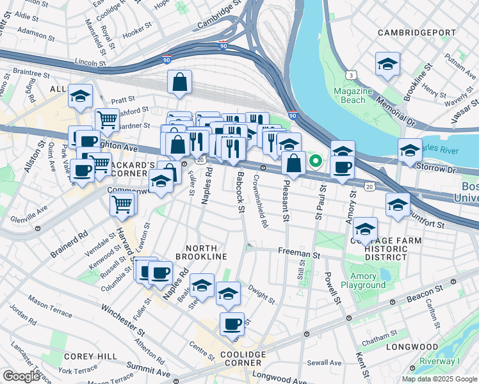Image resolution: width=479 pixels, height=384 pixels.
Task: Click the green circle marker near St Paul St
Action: tap(315, 161)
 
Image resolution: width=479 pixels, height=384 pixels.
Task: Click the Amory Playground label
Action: tap(363, 281)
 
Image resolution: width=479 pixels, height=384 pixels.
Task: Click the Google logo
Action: tap(22, 376)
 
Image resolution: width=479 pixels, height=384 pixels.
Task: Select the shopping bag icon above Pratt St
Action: tap(180, 82)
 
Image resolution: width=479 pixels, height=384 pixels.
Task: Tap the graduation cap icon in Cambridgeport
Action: tap(387, 64)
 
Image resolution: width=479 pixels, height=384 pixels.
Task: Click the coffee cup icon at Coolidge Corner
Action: tap(232, 323)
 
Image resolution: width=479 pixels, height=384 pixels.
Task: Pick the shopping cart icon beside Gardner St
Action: tap(107, 119)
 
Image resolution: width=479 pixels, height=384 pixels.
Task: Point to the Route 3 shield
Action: tap(352, 76)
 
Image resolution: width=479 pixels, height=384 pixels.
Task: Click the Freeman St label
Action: tap(298, 254)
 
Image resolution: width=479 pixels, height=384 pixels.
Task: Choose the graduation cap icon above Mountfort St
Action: tap(398, 205)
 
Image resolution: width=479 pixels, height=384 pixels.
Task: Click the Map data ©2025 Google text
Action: tap(439, 379)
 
